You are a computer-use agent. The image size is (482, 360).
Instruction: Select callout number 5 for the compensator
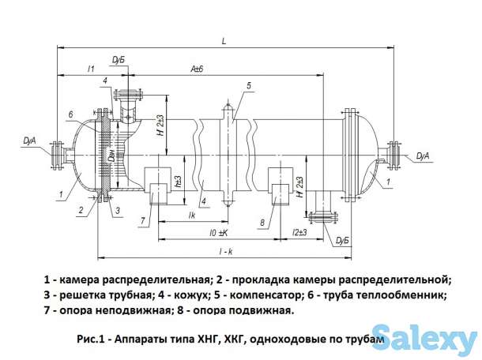click(x=249, y=85)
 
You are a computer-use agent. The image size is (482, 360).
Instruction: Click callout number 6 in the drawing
click(x=70, y=115)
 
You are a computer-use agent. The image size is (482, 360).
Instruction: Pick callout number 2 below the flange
click(x=80, y=211)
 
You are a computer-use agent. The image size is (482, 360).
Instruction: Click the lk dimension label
click(x=192, y=214)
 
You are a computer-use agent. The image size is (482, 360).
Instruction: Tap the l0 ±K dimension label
click(x=219, y=233)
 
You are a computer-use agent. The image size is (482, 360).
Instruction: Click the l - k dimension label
click(x=228, y=252)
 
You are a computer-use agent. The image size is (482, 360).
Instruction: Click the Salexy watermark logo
click(x=424, y=339)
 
